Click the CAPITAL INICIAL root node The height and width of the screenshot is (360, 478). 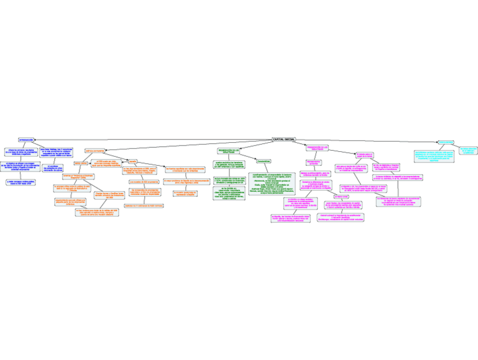[x=284, y=139]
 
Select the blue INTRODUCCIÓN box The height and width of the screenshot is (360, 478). [x=26, y=140]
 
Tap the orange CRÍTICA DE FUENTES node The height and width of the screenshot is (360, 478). [x=95, y=151]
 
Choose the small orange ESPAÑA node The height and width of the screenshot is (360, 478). [x=133, y=161]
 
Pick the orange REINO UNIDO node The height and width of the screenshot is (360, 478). [x=81, y=163]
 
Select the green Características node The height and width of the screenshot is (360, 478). [x=264, y=161]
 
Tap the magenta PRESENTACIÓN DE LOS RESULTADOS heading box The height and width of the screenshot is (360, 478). [x=317, y=148]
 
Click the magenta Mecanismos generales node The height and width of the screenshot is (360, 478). [x=313, y=163]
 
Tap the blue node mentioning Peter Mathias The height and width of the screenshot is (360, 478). [x=56, y=152]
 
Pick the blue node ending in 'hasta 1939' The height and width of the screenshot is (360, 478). [x=21, y=182]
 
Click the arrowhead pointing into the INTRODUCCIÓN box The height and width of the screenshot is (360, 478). [x=37, y=140]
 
